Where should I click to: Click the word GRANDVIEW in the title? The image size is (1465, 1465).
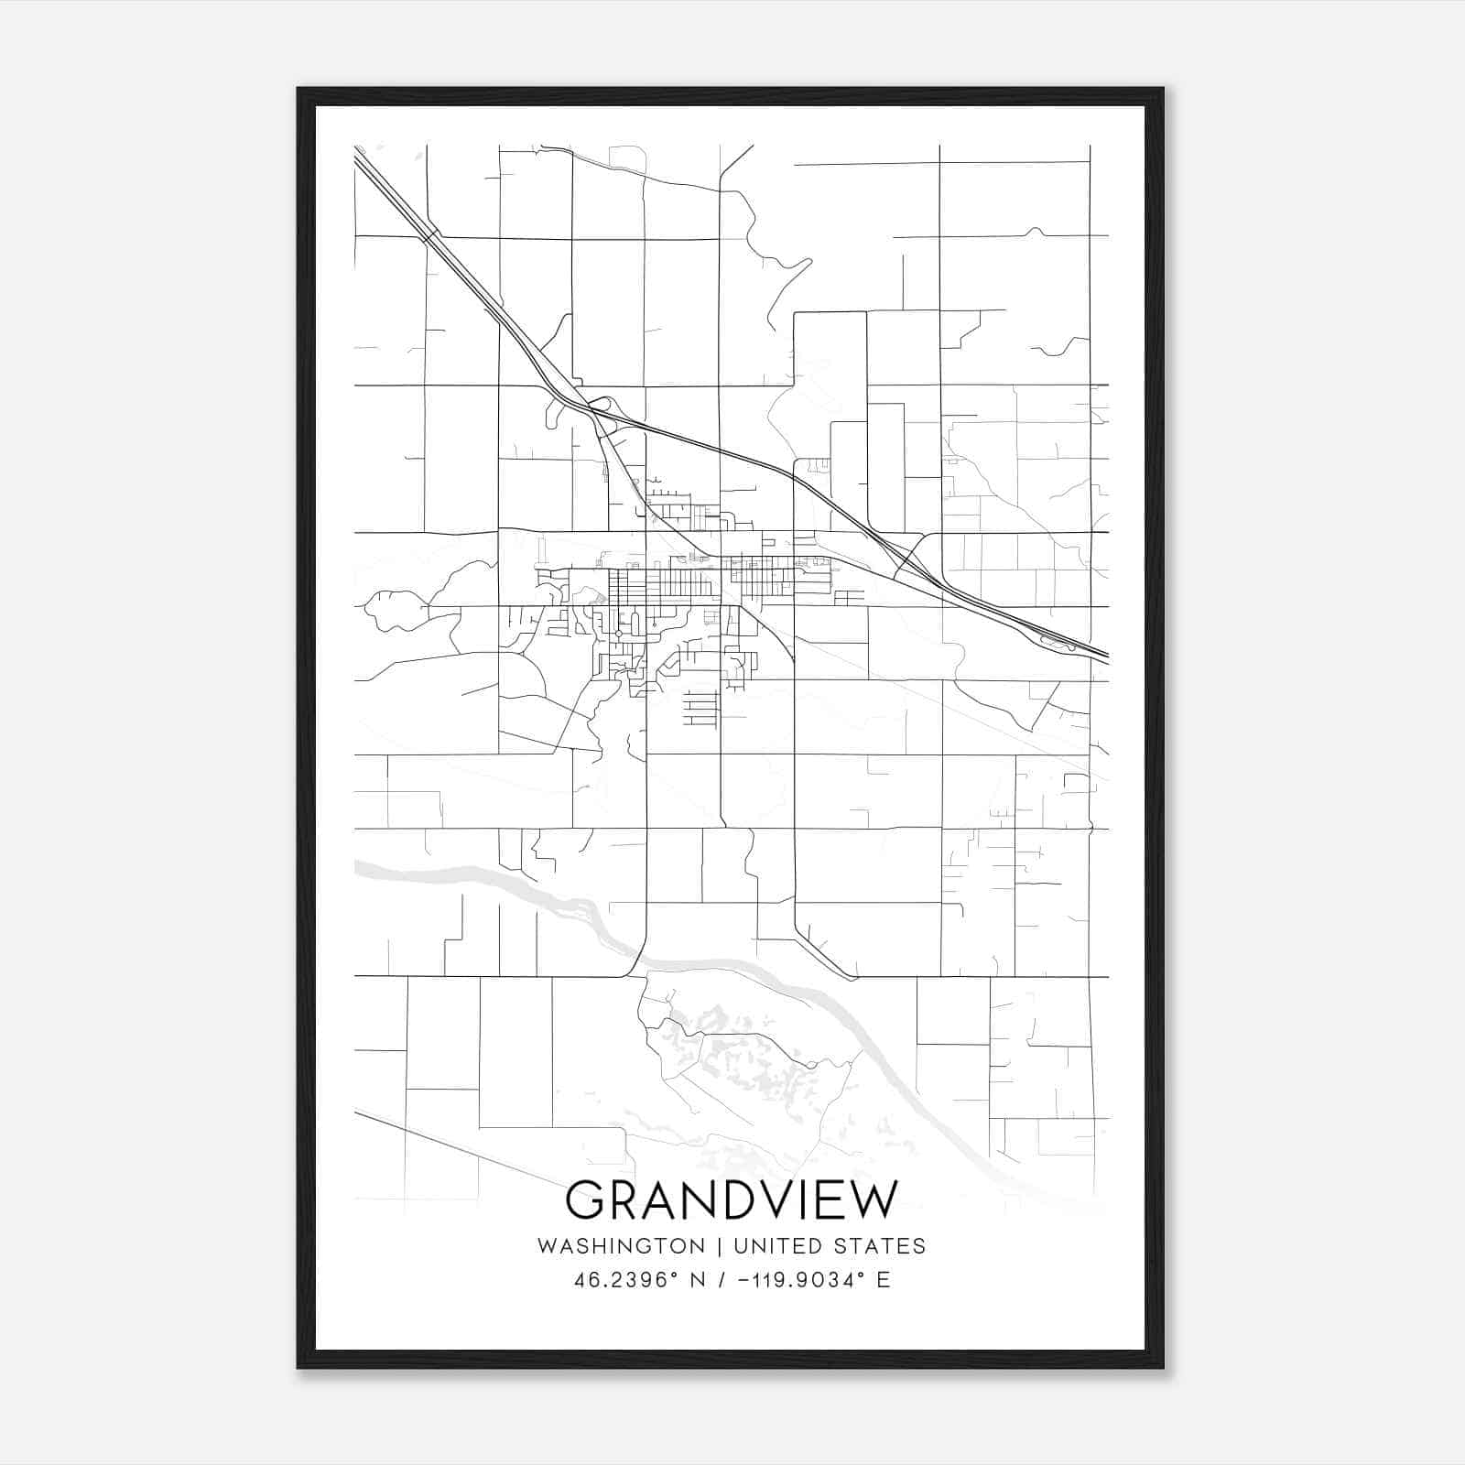(732, 1199)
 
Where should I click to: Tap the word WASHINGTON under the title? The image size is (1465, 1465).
(621, 1246)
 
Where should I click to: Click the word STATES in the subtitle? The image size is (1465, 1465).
(880, 1246)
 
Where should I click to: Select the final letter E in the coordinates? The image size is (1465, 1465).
(884, 1280)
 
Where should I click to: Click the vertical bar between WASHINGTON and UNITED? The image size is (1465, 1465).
(720, 1246)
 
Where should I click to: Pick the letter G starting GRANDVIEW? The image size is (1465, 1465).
(586, 1199)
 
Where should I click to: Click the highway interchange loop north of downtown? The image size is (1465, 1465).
(602, 404)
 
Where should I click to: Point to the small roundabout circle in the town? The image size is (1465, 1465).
(619, 634)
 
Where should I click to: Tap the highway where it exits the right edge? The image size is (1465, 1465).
(1102, 654)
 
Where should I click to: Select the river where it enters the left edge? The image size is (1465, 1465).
(362, 868)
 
